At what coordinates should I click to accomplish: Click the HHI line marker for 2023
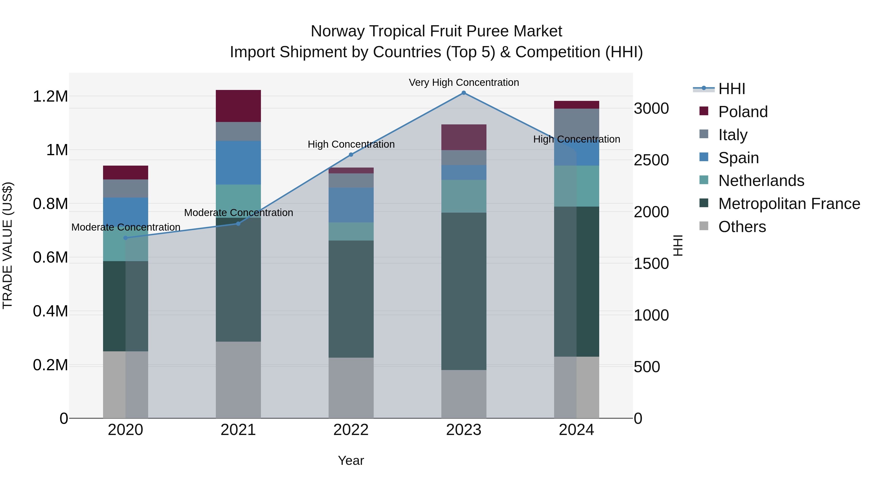coord(464,93)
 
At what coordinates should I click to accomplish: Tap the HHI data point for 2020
coord(125,238)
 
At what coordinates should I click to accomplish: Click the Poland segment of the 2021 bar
coord(238,106)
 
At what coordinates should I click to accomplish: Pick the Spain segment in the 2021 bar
coord(238,163)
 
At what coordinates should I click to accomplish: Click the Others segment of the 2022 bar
coord(351,388)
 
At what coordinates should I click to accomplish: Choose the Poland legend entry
coord(743,112)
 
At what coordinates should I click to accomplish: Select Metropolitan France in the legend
coord(789,204)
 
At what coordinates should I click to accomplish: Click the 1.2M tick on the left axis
coord(50,97)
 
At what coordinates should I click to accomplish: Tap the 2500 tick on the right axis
coord(651,160)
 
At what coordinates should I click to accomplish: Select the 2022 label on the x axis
coord(351,430)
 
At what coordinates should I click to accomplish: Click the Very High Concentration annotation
coord(464,82)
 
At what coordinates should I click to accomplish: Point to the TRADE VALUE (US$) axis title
coord(8,245)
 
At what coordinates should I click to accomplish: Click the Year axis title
coord(351,460)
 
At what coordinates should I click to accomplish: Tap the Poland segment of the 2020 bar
coord(125,172)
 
